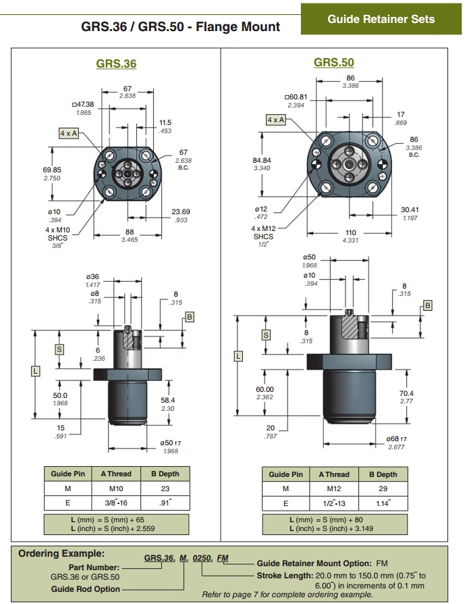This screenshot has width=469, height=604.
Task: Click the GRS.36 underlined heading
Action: (x=116, y=64)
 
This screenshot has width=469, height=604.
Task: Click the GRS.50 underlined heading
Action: (x=333, y=62)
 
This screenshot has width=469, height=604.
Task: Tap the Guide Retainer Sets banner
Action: (x=381, y=19)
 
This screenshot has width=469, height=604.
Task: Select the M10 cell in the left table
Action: (x=116, y=488)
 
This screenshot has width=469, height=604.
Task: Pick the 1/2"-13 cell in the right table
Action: (x=334, y=503)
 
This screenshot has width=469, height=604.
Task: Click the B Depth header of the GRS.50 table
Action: (x=383, y=474)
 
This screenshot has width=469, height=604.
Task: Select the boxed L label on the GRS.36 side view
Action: (x=35, y=372)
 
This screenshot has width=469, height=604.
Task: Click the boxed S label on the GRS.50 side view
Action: (x=266, y=335)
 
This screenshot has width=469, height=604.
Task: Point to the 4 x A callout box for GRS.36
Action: (x=69, y=133)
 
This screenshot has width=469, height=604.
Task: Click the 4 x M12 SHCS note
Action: (x=264, y=232)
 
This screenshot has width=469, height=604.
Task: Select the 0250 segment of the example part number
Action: (x=202, y=558)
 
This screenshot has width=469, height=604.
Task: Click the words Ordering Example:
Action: (x=61, y=553)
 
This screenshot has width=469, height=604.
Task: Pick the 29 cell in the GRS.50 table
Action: (x=383, y=488)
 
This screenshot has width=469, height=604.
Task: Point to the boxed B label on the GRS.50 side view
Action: (x=427, y=305)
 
